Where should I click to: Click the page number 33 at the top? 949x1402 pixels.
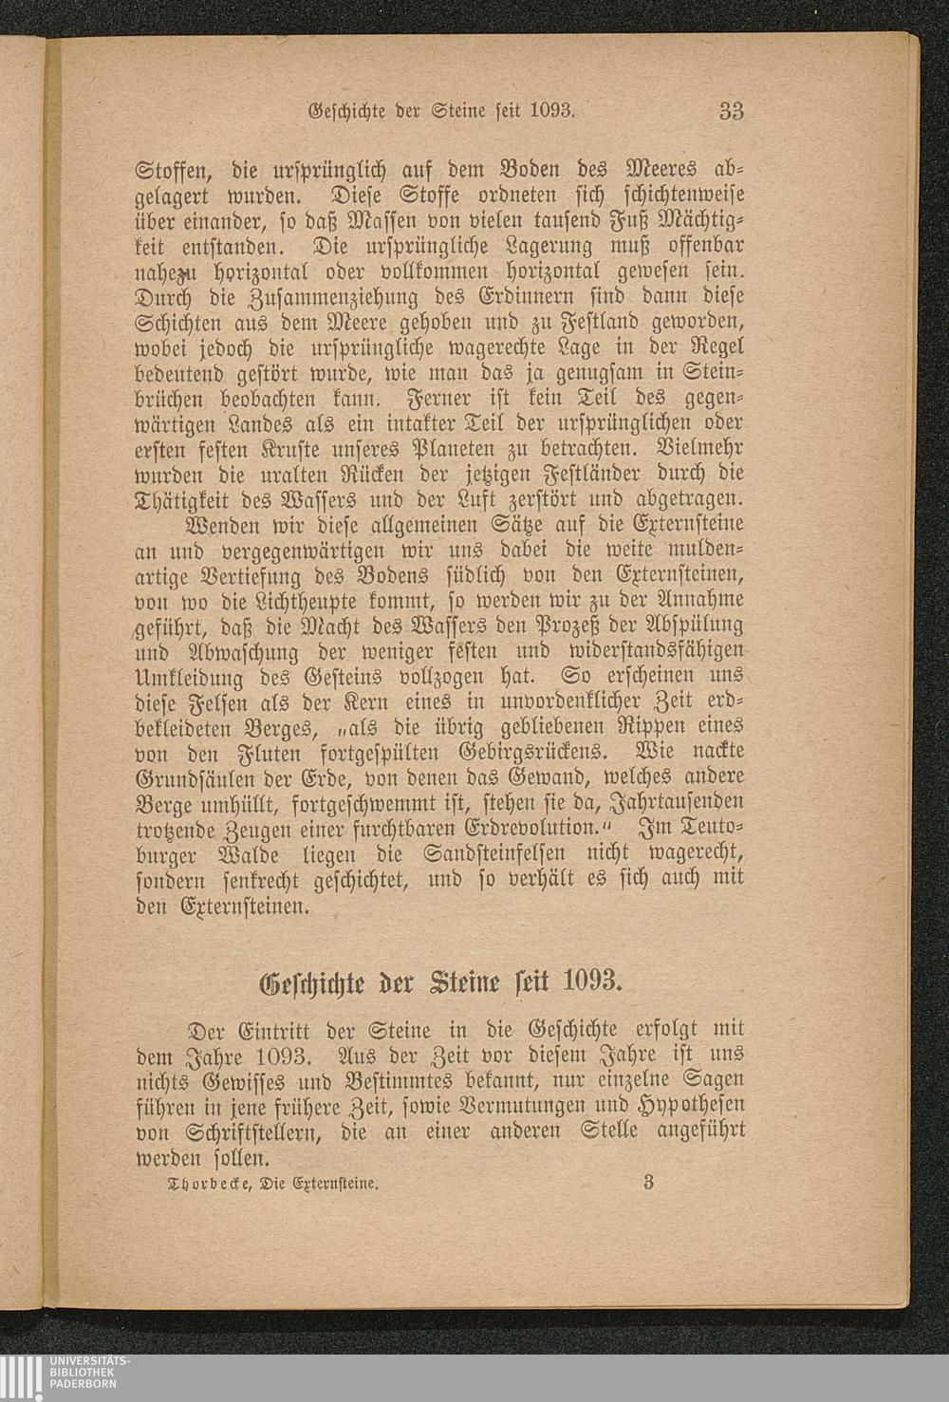click(x=731, y=111)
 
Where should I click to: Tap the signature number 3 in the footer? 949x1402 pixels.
click(x=648, y=1182)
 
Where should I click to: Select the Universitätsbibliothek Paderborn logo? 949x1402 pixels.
click(x=65, y=1376)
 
